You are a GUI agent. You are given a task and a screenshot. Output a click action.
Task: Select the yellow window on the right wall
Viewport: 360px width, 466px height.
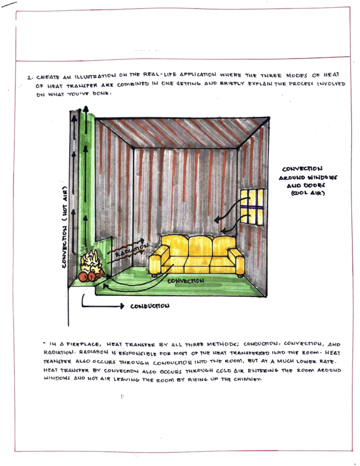[x=252, y=207]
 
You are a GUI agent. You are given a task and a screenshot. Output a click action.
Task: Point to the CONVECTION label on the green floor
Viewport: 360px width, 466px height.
[x=185, y=281]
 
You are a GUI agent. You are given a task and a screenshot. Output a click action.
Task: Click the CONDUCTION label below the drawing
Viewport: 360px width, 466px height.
[x=150, y=306]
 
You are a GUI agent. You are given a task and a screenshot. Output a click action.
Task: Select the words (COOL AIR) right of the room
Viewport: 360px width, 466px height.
[x=308, y=193]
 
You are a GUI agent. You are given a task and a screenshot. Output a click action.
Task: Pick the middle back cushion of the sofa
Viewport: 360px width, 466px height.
[x=200, y=246]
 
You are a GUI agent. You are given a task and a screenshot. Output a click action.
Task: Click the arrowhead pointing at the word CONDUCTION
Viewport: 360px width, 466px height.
[x=121, y=306]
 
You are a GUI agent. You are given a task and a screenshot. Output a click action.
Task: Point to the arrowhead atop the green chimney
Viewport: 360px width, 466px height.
[x=86, y=109]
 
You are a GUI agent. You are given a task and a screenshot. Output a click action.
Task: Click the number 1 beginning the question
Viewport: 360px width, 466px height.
[x=29, y=77]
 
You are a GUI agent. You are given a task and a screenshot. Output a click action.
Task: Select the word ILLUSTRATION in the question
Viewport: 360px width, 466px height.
[x=95, y=76]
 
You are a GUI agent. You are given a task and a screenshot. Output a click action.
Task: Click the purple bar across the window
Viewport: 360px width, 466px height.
[x=252, y=207]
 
